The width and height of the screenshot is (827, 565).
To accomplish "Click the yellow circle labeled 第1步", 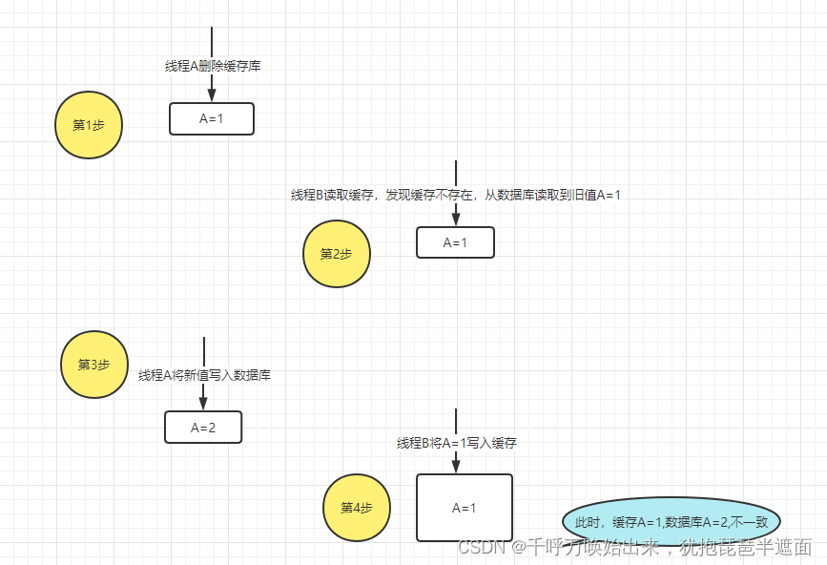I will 89,125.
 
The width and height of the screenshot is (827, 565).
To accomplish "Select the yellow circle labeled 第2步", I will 337,254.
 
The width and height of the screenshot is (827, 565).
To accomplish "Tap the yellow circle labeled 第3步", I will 94,366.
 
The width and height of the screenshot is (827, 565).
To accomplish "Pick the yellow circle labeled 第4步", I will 357,508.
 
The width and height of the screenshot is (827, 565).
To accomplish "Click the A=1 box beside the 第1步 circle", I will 212,119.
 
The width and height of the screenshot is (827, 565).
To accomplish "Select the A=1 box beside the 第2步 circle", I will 455,242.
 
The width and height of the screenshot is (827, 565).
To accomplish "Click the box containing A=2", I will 203,428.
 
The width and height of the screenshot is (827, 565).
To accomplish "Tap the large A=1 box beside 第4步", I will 465,508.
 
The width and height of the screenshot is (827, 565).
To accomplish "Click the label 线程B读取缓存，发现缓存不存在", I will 382,195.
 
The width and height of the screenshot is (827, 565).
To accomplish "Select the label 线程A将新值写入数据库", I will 204,375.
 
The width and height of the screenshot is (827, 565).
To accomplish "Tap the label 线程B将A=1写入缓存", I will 457,443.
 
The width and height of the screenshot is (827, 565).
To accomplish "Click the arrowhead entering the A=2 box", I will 203,404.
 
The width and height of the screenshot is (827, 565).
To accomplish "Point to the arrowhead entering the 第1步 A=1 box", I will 212,95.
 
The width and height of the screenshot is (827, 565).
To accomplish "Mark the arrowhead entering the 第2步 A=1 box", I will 456,220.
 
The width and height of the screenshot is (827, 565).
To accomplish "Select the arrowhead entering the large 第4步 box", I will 456,466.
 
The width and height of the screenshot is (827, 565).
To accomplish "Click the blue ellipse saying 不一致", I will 672,522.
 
